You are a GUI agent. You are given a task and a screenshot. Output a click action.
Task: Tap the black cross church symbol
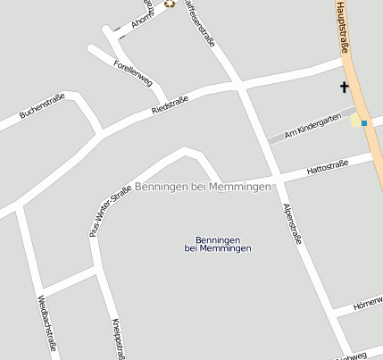344,88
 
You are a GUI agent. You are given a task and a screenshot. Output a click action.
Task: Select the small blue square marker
364,122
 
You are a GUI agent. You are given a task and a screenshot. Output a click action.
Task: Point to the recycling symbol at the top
169,4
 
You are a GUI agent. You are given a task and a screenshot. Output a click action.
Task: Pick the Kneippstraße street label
116,338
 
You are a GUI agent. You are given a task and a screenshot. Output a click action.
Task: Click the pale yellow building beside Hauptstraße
356,120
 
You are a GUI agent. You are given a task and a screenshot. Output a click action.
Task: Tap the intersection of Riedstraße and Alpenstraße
241,88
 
